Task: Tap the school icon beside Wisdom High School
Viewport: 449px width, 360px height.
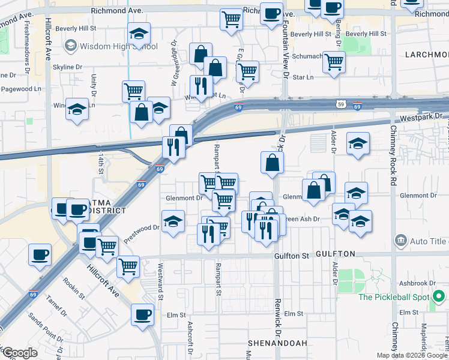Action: click(x=71, y=46)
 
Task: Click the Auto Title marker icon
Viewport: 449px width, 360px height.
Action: click(x=400, y=241)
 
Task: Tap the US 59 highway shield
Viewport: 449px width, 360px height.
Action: click(x=340, y=103)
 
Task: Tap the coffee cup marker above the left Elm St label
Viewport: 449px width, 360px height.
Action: click(x=143, y=314)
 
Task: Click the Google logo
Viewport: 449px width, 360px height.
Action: click(x=19, y=353)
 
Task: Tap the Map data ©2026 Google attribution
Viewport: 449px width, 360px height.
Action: click(x=412, y=355)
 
